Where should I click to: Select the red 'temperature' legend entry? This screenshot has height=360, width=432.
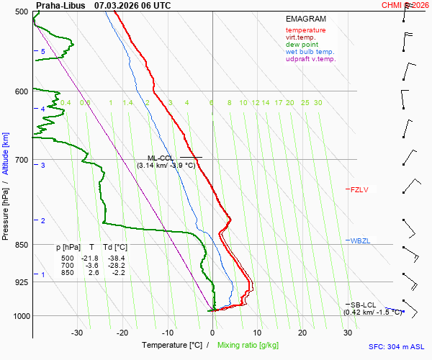[305, 30]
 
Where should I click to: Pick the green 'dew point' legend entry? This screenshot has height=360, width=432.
[302, 45]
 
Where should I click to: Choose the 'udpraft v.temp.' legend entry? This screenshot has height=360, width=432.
[310, 59]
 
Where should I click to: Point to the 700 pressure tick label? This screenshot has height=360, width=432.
[21, 159]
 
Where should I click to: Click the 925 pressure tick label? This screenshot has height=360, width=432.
[21, 282]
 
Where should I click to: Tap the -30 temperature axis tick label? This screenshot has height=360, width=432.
[77, 333]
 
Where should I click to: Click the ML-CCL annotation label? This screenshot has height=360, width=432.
[161, 158]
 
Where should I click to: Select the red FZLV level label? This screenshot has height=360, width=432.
[359, 190]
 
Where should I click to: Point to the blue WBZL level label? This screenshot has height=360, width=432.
[359, 240]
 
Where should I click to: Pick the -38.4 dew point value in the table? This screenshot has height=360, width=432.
[116, 258]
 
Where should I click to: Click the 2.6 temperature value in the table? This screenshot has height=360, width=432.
[93, 273]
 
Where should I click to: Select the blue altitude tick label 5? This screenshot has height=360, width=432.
[42, 52]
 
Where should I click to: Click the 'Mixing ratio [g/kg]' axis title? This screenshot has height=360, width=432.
[248, 346]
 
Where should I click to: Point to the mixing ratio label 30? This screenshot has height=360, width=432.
[318, 103]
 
